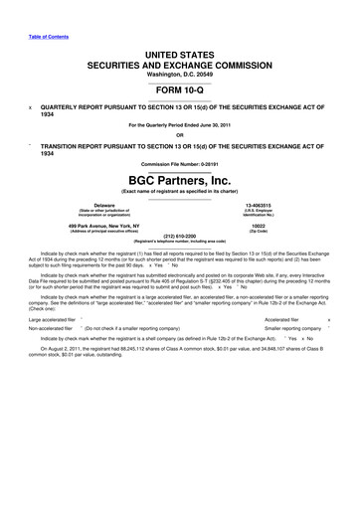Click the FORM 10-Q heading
pyautogui.click(x=179, y=88)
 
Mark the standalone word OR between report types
pyautogui.click(x=179, y=135)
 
